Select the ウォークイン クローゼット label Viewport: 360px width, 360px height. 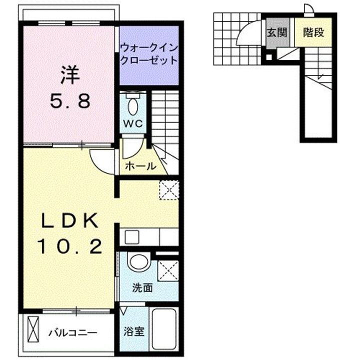[148, 54]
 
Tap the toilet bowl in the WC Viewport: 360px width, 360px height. [132, 105]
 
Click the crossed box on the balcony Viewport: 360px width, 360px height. [33, 330]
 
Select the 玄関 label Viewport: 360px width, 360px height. [276, 33]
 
